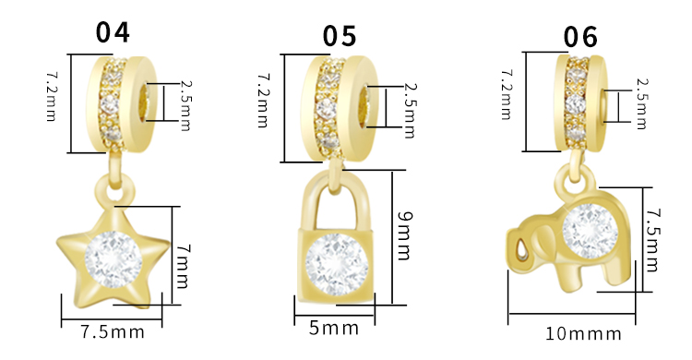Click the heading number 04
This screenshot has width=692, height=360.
click(x=113, y=32)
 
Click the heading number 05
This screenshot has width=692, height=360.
click(x=340, y=36)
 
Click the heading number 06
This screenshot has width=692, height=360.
click(x=580, y=37)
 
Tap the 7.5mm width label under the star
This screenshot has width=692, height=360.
click(x=113, y=332)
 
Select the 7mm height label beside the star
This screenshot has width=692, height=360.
click(x=183, y=267)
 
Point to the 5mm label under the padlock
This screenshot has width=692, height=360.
click(x=334, y=329)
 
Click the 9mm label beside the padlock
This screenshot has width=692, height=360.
click(x=404, y=235)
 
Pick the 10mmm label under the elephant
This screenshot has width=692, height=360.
click(x=583, y=334)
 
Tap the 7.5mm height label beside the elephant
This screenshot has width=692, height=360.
click(x=652, y=240)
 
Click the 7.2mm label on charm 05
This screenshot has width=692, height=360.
click(x=263, y=101)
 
